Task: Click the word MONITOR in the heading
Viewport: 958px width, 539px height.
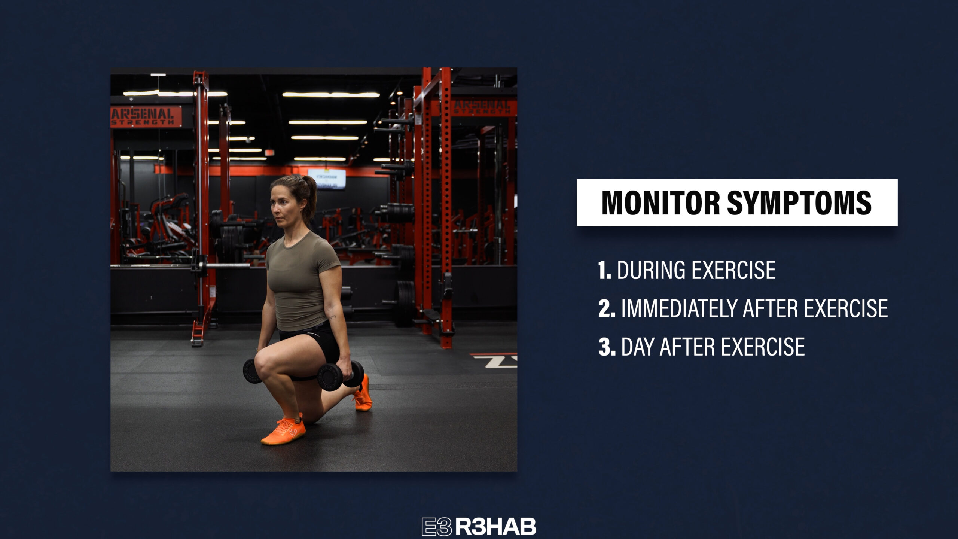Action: point(660,202)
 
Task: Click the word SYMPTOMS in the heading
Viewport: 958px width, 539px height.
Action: point(799,202)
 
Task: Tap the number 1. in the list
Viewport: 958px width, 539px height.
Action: point(604,270)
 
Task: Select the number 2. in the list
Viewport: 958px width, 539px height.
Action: point(607,308)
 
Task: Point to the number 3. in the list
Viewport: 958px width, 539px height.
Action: point(607,347)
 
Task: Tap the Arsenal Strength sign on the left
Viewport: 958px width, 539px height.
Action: point(146,117)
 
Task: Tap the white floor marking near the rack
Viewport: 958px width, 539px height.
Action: point(495,362)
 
